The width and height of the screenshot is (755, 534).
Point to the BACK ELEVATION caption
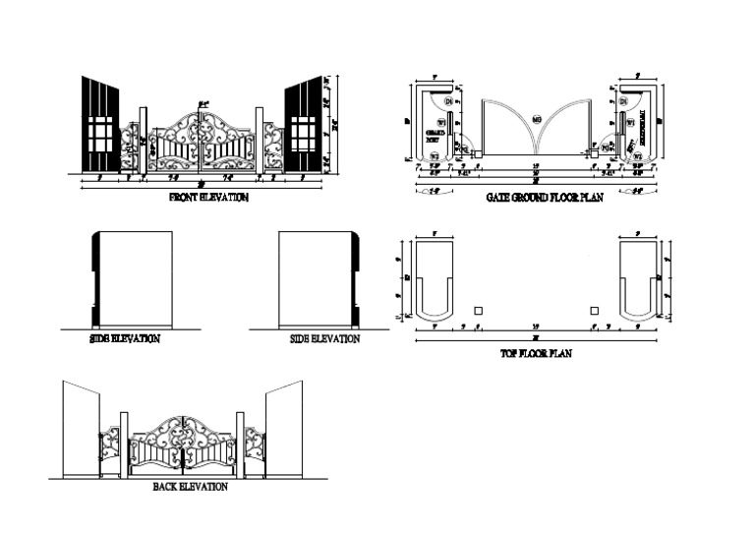pyautogui.click(x=191, y=487)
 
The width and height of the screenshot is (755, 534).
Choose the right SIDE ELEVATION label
pyautogui.click(x=324, y=339)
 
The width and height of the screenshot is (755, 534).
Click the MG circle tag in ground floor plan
pyautogui.click(x=537, y=120)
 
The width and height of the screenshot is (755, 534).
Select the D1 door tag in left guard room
pyautogui.click(x=448, y=101)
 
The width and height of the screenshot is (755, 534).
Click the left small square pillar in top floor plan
pyautogui.click(x=478, y=311)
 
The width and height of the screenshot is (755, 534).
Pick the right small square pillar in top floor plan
pyautogui.click(x=594, y=311)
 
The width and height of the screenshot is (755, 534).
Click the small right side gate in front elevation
pyautogui.click(x=273, y=148)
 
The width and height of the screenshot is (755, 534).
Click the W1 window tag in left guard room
pyautogui.click(x=441, y=123)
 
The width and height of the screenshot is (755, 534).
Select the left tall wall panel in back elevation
pyautogui.click(x=82, y=433)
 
